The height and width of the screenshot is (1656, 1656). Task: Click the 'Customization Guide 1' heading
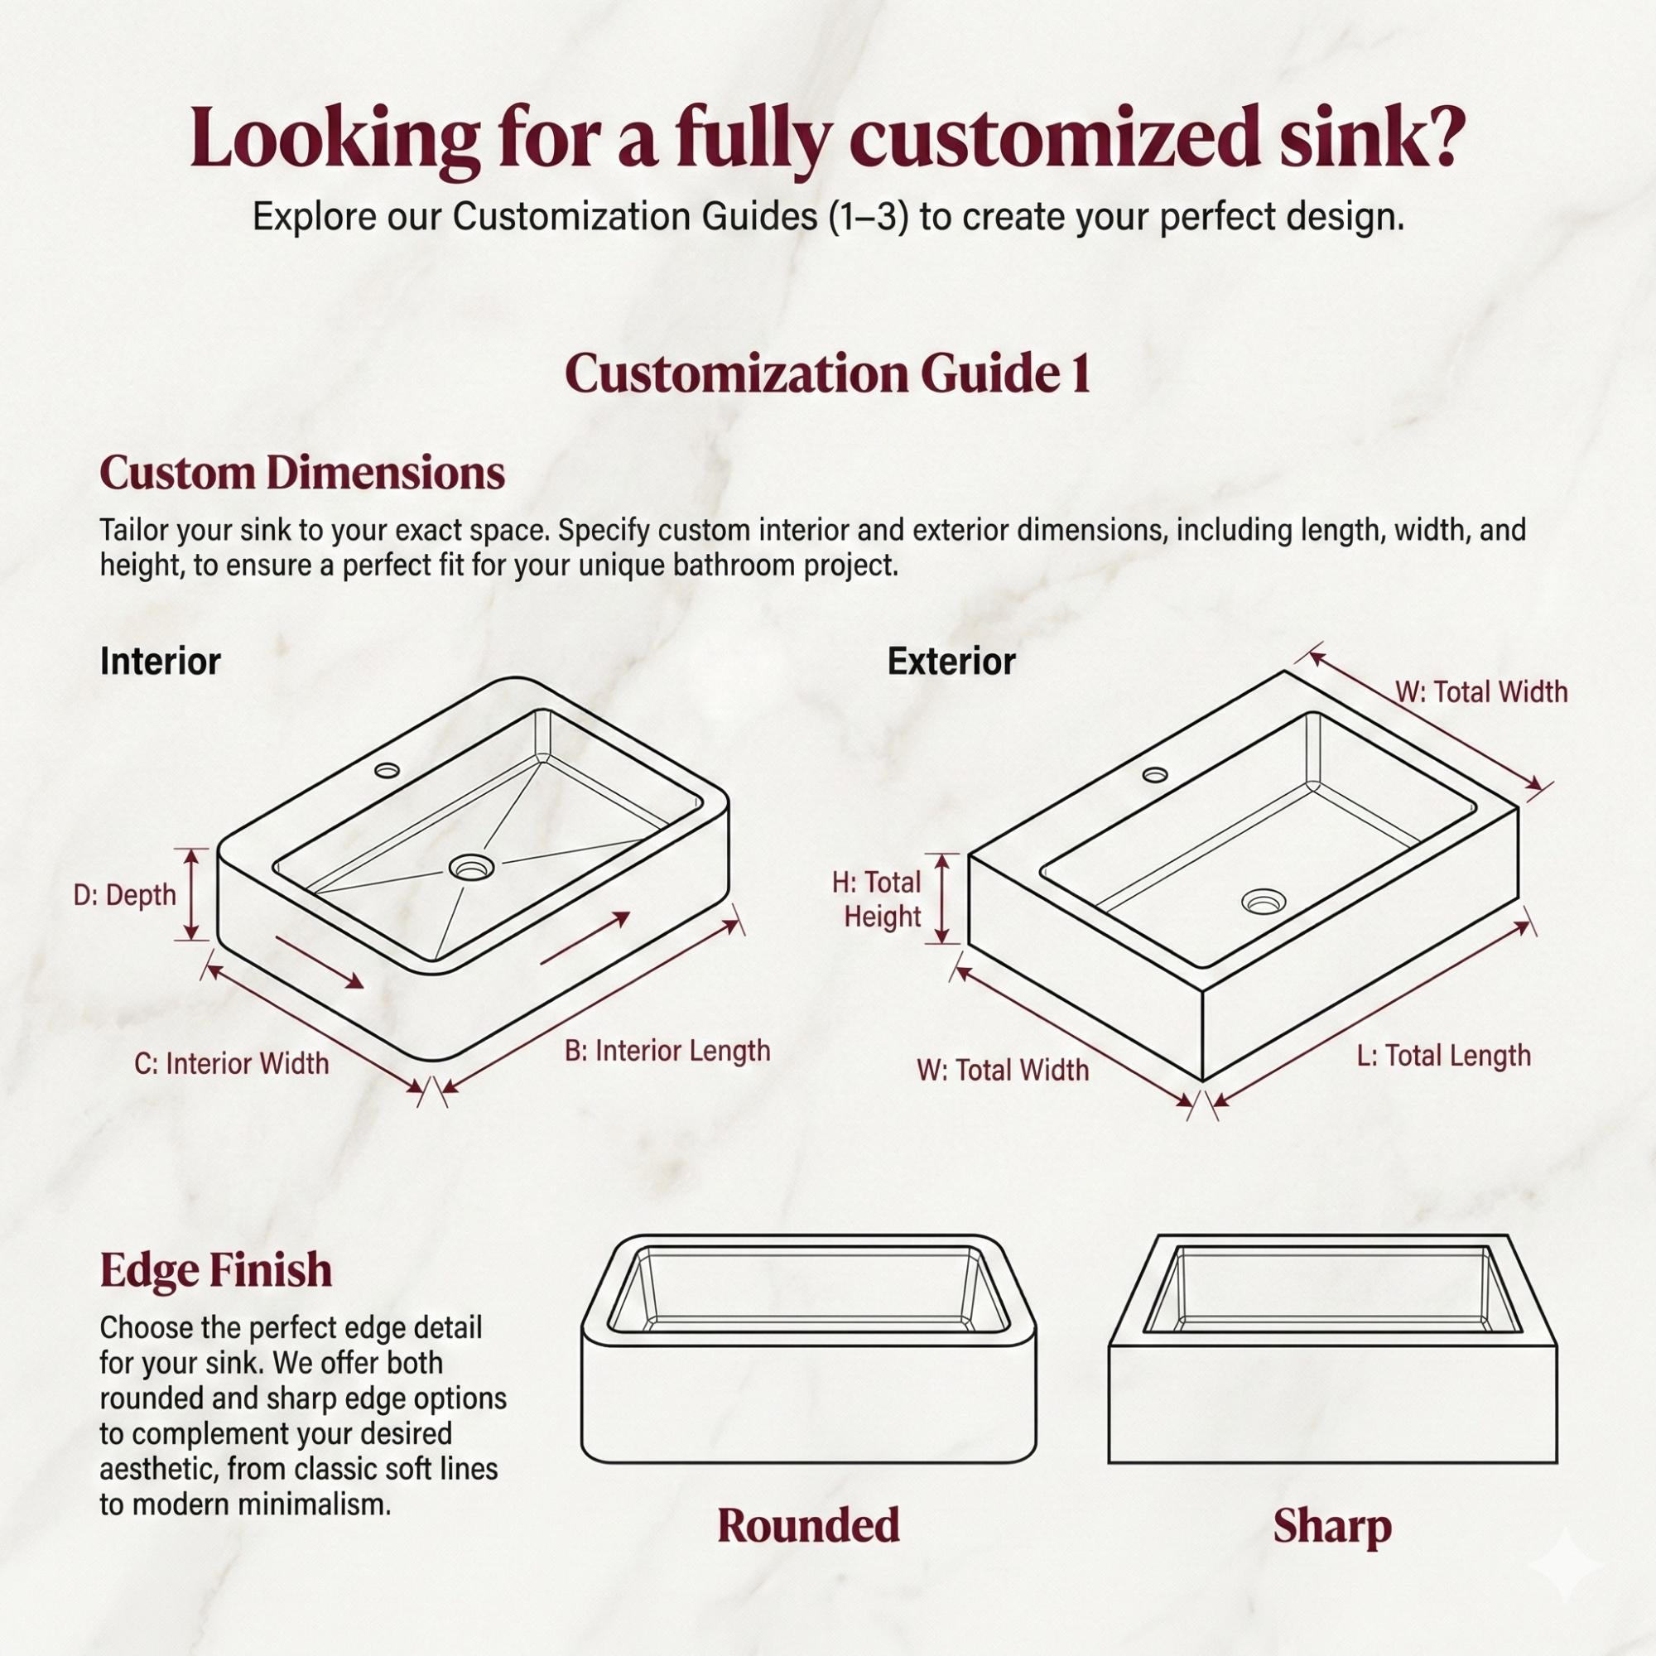827,374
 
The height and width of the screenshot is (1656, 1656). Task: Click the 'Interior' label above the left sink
161,662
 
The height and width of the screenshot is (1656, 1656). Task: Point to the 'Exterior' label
951,662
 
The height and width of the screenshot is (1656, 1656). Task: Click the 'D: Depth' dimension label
125,896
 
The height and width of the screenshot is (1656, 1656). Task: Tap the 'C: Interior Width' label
232,1064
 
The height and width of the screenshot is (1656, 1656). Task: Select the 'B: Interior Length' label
667,1051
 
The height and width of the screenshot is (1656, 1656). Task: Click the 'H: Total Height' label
877,899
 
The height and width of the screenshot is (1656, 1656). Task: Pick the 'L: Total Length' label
1443,1056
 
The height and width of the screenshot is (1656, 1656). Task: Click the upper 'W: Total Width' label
1481,691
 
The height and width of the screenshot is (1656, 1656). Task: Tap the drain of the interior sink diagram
471,869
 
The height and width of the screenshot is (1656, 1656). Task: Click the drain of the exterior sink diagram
1264,901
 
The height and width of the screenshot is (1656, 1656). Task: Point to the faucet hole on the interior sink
387,770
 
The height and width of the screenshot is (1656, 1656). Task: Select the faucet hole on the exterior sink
1155,776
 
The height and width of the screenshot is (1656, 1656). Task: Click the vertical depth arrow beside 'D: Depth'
192,895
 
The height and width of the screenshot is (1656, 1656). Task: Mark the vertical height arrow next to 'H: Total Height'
943,898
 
